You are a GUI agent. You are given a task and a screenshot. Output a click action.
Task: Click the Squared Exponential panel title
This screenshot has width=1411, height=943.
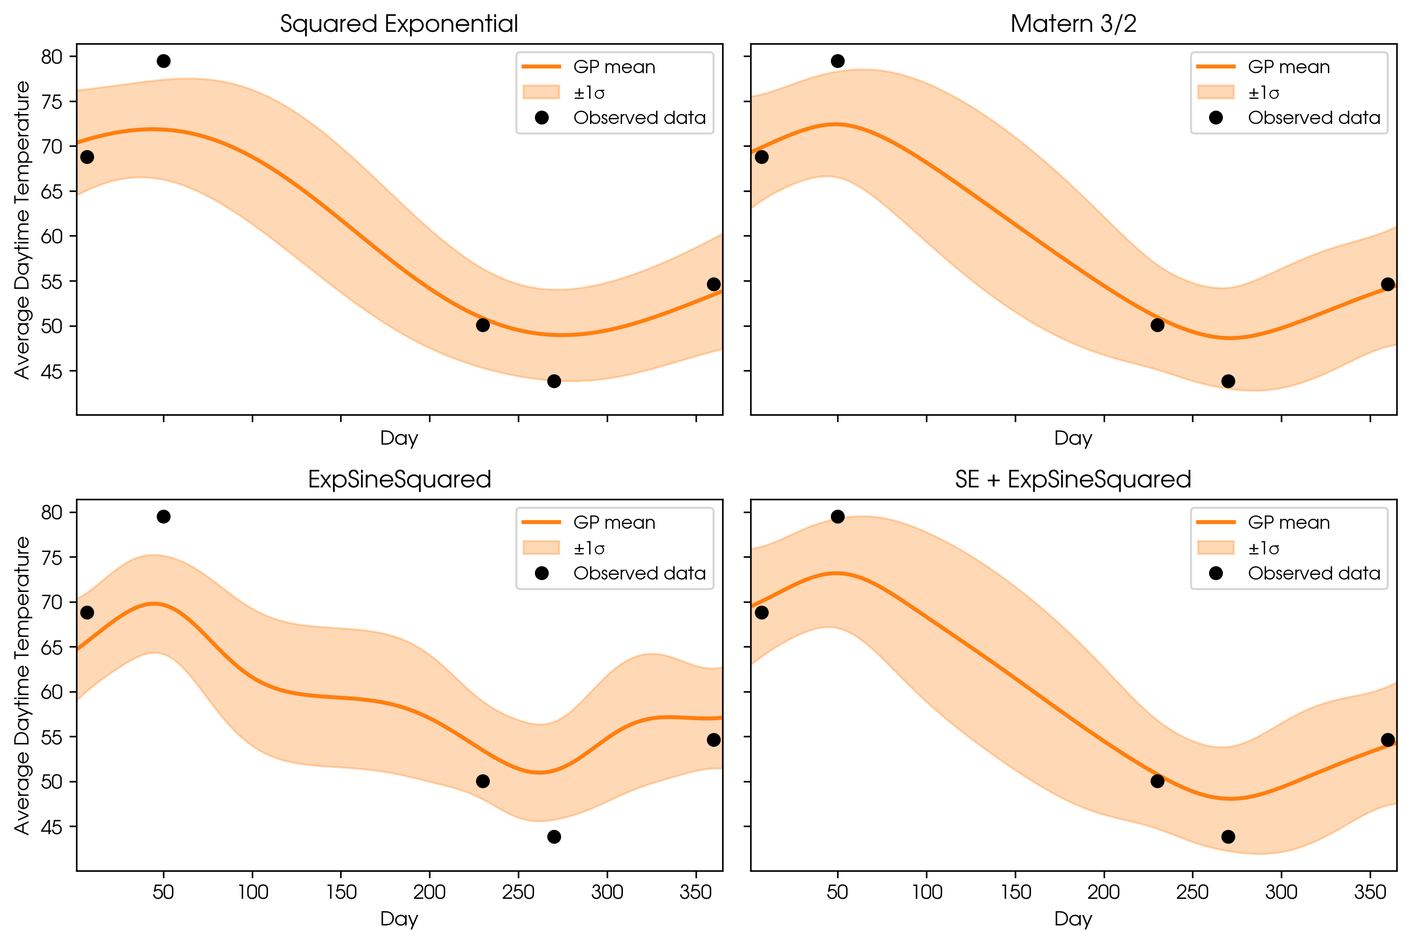(399, 24)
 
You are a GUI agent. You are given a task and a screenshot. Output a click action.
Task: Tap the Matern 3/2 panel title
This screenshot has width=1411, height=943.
(1073, 24)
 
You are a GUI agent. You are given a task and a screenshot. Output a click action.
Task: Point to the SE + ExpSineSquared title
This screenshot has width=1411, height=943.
(1073, 479)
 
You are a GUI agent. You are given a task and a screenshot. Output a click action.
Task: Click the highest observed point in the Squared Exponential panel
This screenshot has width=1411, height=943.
(163, 61)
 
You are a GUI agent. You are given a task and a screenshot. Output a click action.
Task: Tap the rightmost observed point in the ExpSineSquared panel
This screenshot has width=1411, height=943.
(713, 740)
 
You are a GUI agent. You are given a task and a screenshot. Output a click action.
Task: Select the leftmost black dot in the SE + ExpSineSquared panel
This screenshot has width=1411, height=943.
(762, 613)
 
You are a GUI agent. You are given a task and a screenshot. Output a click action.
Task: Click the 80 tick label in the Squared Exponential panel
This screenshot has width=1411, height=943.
(52, 57)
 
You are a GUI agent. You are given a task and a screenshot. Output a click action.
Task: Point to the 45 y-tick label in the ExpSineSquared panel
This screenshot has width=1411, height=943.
(52, 827)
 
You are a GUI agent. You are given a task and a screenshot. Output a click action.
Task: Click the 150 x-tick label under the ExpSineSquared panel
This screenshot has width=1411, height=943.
(341, 892)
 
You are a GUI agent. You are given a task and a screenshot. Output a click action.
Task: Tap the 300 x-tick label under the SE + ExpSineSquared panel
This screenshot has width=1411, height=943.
(1281, 892)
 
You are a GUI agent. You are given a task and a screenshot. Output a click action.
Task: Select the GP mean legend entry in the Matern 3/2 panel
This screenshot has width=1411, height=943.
(1288, 67)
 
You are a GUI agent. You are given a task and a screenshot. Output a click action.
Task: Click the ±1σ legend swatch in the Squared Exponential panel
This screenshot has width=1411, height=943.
(541, 92)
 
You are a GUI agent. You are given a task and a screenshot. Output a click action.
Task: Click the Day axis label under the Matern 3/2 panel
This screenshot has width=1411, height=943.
(1073, 438)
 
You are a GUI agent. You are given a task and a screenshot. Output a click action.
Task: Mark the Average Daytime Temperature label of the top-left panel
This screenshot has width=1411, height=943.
(22, 230)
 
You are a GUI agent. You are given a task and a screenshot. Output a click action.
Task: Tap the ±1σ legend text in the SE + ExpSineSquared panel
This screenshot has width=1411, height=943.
(1263, 548)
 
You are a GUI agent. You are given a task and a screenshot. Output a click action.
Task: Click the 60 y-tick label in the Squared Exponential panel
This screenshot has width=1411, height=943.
(52, 237)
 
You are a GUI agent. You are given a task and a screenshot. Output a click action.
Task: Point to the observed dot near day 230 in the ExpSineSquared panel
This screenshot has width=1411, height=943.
(482, 781)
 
